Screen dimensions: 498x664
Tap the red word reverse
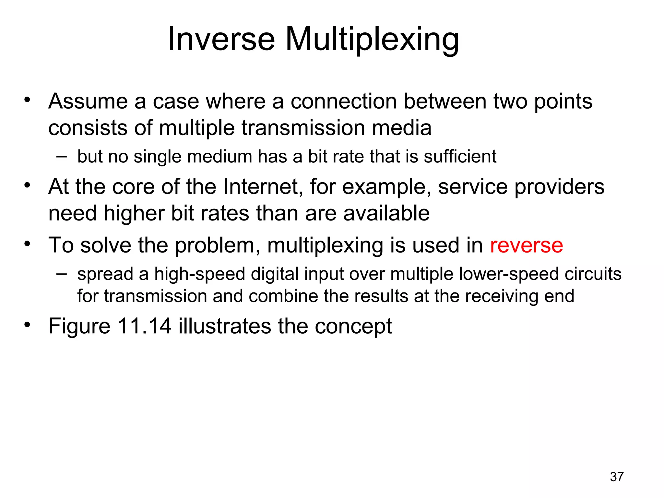(526, 245)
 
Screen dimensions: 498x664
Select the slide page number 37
(617, 477)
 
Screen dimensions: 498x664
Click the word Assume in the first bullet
(88, 101)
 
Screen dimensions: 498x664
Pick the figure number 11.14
(144, 326)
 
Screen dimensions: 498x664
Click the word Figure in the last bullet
(79, 326)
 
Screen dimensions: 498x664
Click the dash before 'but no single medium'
(61, 157)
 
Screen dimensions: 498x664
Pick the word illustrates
(225, 326)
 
